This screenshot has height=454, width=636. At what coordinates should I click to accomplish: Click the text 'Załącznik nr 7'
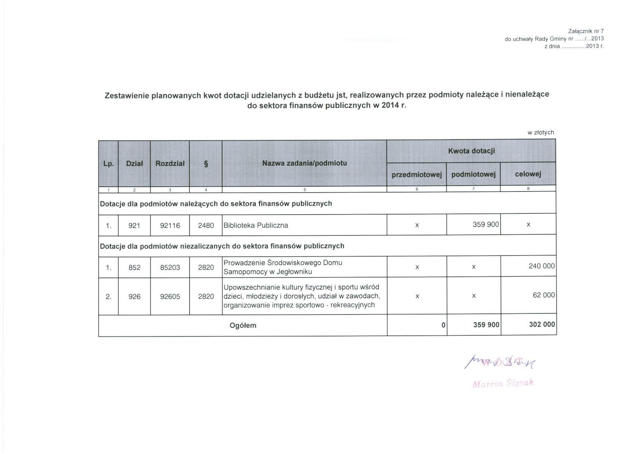pos(586,31)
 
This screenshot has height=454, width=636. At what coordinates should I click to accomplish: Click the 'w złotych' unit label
pos(540,133)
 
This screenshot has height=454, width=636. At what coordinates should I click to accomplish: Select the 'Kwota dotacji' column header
pos(471,151)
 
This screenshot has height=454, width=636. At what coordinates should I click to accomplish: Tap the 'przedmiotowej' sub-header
pos(417,175)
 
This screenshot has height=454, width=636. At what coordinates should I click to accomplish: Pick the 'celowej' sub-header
pos(528,174)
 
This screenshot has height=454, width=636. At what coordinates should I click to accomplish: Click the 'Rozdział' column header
pos(170,163)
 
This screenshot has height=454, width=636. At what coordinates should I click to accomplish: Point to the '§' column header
pos(206,164)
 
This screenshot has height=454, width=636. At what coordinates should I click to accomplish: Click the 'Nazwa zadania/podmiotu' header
pos(304,163)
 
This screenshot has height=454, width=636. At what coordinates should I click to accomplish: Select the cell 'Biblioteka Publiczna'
pos(256,225)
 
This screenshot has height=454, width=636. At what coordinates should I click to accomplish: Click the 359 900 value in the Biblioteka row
pos(486,224)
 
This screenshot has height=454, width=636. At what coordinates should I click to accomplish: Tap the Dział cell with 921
pos(134,226)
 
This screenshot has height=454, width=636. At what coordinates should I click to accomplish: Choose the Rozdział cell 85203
pos(170,268)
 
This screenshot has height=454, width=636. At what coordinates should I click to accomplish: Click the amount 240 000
pos(542,266)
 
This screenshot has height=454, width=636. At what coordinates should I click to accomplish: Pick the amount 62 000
pos(544,295)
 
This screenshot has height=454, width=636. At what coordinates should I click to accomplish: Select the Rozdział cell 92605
pos(170,297)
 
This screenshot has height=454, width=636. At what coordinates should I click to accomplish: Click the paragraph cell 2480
pos(206,226)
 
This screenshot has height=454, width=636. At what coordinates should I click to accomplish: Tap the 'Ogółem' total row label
pos(243,325)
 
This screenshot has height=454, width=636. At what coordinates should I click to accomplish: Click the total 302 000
pos(542,324)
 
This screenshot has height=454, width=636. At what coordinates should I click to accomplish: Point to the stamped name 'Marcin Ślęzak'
pos(503,383)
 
